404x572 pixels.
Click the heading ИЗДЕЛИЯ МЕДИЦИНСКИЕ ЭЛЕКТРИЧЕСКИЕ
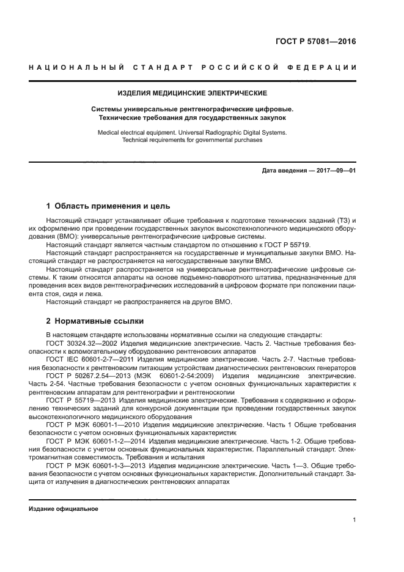pyautogui.click(x=193, y=93)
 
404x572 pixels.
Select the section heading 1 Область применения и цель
pyautogui.click(x=109, y=206)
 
